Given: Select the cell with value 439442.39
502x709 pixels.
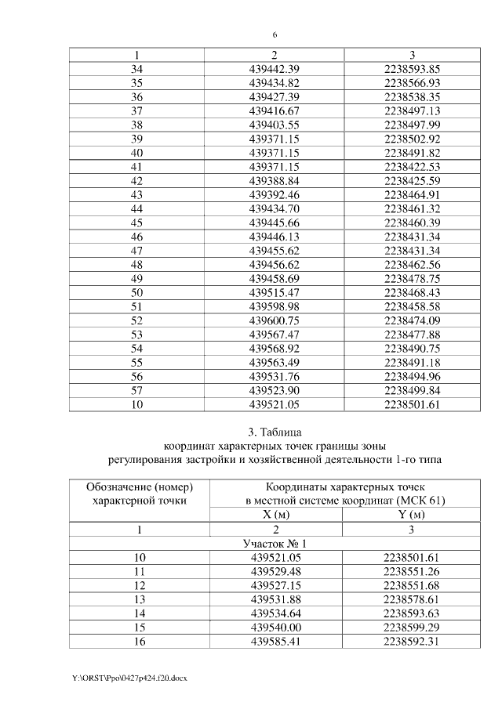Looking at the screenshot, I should click(274, 69).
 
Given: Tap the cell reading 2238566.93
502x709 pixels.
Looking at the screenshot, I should click(413, 83).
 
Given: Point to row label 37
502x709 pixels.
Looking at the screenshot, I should click(136, 110).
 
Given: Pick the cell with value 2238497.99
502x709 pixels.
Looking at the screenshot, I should click(413, 125).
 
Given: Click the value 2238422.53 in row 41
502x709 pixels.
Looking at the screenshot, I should click(413, 166).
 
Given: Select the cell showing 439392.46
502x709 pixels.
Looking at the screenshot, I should click(274, 194).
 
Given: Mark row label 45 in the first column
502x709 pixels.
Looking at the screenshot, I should click(136, 222).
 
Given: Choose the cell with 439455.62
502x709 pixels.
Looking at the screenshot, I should click(274, 250).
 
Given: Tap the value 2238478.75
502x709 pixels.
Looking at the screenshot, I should click(413, 277).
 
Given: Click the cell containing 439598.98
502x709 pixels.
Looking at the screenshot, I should click(274, 306).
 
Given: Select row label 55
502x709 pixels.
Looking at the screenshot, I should click(136, 361).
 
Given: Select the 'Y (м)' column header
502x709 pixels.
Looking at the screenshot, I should click(412, 515).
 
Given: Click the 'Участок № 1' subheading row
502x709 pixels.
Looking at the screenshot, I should click(275, 543).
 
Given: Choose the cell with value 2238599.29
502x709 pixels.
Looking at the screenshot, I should click(412, 627).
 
